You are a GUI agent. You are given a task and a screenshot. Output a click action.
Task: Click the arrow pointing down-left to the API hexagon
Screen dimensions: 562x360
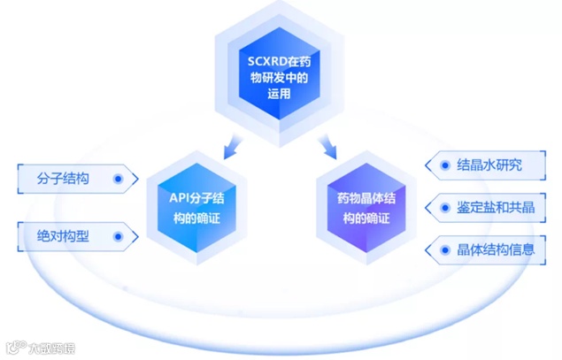(x=232, y=142)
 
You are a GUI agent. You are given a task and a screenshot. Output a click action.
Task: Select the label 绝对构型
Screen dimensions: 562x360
(x=64, y=236)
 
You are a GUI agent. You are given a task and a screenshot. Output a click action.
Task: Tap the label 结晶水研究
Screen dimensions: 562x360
(x=489, y=165)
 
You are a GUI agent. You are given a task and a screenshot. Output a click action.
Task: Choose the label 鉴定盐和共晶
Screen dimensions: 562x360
(x=496, y=208)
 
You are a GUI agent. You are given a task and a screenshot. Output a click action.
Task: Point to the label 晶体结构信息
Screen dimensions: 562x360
(x=496, y=250)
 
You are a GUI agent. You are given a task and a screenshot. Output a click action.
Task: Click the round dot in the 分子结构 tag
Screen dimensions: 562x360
(x=119, y=179)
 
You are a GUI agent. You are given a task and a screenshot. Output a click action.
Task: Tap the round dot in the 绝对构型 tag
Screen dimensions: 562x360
(x=119, y=236)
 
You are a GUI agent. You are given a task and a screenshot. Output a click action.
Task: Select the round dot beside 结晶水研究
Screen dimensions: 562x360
(x=440, y=165)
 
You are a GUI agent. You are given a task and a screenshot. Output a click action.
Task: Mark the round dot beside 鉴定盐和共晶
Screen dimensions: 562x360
(x=440, y=208)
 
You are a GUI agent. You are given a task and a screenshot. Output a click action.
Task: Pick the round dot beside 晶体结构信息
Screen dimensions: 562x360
(x=440, y=250)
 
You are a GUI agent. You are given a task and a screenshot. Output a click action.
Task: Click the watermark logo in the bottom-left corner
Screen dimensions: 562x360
(x=13, y=346)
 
